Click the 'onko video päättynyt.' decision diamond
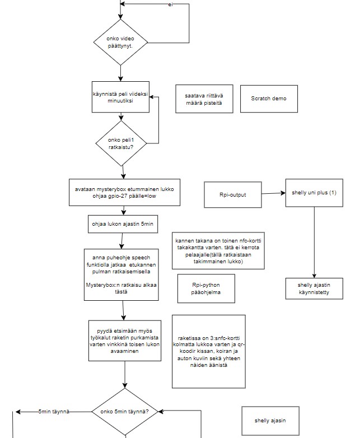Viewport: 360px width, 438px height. (120, 43)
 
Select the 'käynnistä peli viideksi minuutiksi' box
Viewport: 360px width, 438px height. (120, 97)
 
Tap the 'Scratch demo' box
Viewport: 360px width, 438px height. (269, 99)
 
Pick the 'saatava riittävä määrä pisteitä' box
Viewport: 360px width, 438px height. (204, 99)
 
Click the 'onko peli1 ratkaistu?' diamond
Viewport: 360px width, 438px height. (121, 143)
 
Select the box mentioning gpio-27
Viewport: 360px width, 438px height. (124, 193)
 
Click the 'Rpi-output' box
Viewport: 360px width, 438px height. (233, 195)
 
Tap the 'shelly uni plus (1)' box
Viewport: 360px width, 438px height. (314, 193)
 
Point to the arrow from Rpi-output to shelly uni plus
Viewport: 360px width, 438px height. (273, 193)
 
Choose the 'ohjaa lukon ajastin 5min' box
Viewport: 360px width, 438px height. (123, 224)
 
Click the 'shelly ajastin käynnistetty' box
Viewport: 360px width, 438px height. (314, 288)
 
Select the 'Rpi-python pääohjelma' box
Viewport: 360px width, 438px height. (206, 288)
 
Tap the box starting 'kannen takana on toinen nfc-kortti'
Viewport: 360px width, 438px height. (218, 250)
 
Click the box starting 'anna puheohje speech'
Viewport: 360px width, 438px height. (121, 275)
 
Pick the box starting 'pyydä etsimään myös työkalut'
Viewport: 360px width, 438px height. (125, 341)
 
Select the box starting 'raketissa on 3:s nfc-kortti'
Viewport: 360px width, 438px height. (209, 352)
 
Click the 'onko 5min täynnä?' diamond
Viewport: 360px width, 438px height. (125, 412)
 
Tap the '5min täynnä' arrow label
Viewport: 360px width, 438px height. (54, 412)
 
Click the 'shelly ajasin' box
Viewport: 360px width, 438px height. (270, 421)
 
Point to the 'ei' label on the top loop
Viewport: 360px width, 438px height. (170, 4)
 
